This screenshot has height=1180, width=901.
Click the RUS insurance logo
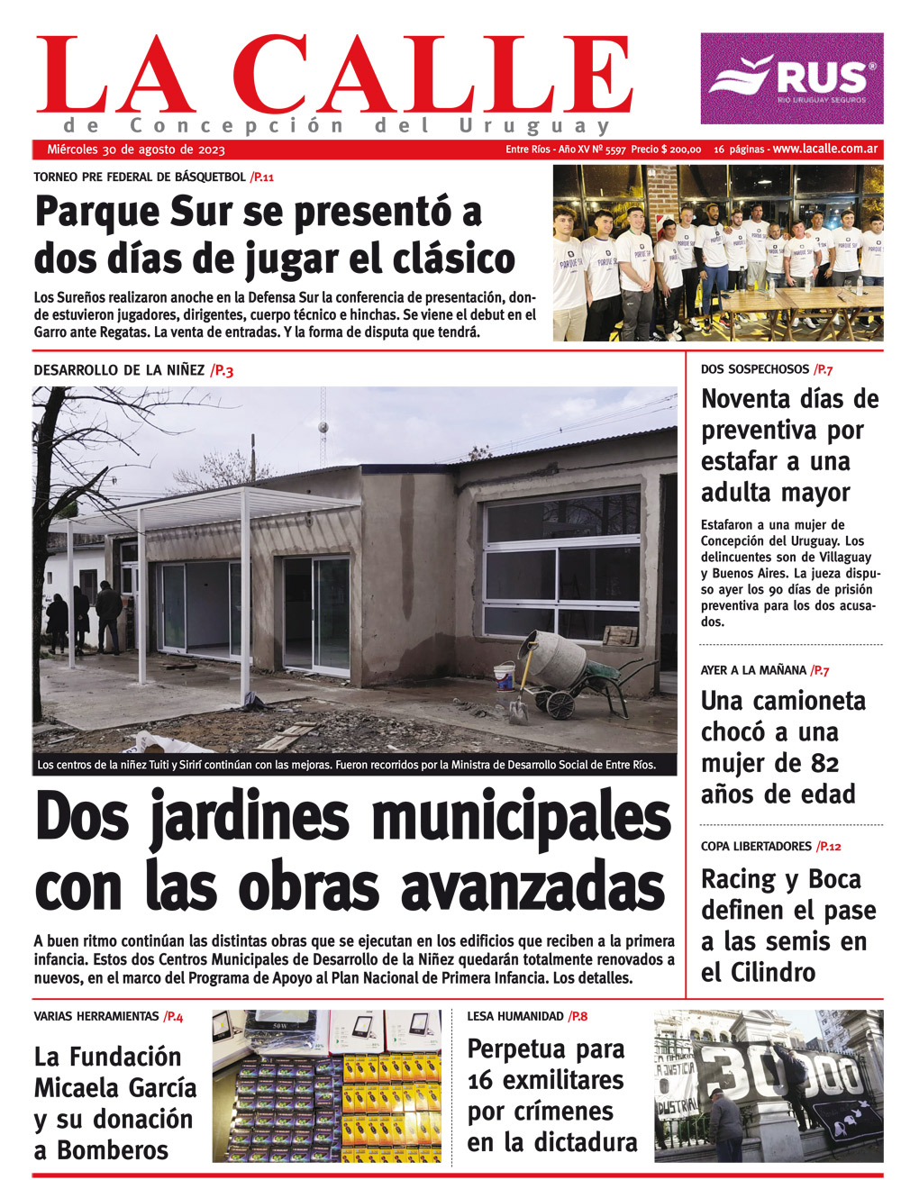[791, 78]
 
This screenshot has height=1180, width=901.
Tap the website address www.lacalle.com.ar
[825, 149]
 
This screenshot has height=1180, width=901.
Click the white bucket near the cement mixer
[505, 676]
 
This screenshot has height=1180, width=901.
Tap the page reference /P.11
[262, 177]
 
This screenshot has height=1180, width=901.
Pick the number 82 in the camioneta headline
[819, 763]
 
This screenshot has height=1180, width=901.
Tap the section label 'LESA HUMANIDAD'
[515, 1016]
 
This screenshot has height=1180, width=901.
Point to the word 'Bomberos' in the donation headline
[113, 1150]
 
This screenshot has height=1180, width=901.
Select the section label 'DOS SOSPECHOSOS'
[755, 369]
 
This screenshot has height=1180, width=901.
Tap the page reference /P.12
[828, 847]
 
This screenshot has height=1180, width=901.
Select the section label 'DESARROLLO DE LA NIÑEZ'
[119, 370]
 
